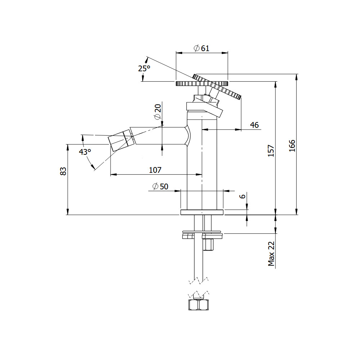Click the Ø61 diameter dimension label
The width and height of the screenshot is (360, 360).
point(201,48)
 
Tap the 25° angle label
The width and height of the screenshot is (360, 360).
point(144,68)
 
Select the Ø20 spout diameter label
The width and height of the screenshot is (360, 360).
point(158,112)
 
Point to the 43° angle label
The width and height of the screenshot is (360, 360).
point(85,152)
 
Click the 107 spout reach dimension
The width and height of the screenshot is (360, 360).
point(155,170)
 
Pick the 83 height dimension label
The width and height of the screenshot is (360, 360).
point(63,171)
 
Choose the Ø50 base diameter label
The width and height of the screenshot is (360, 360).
point(160,186)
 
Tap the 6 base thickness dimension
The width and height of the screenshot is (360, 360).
point(242,196)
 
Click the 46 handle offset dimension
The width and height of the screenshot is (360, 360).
point(255,125)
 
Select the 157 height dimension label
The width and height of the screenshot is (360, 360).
point(271,150)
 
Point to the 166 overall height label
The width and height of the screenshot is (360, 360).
point(292,145)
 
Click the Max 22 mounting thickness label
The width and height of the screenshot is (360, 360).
point(271,253)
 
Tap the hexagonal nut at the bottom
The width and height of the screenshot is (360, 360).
point(199,305)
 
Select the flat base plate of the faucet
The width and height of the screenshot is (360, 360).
point(202,212)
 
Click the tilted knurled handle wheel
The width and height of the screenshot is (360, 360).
point(217,86)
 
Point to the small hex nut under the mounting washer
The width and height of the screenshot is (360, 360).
point(208,245)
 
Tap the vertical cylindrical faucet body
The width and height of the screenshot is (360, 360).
point(202,160)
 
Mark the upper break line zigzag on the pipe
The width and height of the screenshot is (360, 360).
point(199,280)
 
